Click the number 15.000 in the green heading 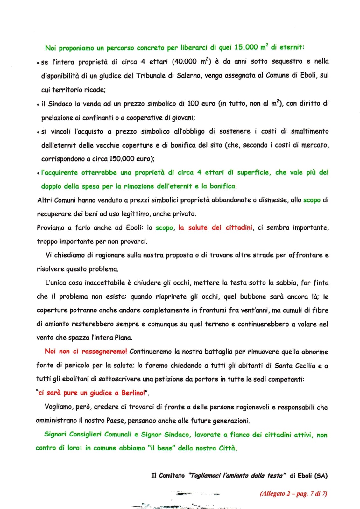pos(246,47)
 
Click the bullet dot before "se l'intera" pos(38,63)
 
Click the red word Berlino pos(133,393)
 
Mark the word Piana pos(123,338)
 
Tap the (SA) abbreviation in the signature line pos(321,476)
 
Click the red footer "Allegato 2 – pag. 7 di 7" pos(293,494)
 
